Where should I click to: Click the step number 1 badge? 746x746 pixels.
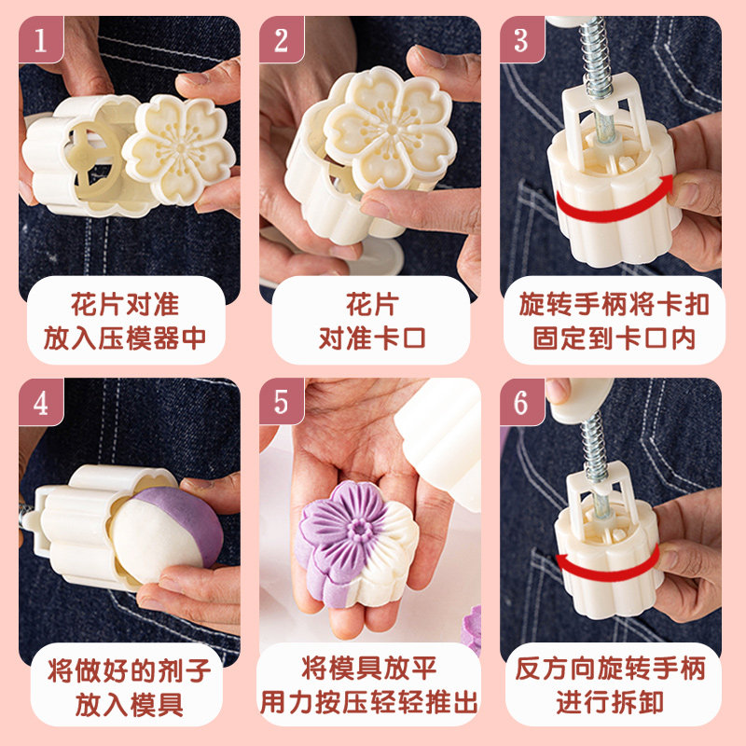41,39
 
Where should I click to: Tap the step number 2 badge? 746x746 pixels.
282,39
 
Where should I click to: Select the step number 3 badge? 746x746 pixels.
522,39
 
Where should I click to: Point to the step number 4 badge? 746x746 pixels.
41,402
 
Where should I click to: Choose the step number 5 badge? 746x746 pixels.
282,402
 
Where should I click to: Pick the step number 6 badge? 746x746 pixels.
522,402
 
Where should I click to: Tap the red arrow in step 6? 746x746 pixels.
607,573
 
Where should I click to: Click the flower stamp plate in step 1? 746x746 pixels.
179,149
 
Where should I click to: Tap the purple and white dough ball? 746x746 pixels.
167,535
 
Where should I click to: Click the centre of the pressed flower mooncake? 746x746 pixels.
360,528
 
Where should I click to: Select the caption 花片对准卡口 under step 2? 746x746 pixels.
371,321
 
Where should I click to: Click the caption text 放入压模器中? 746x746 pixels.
125,338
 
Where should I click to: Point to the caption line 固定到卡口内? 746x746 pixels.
614,338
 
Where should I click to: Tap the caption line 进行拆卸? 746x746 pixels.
610,703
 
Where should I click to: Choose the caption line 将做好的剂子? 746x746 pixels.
129,670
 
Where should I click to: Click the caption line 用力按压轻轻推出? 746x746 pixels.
368,703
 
